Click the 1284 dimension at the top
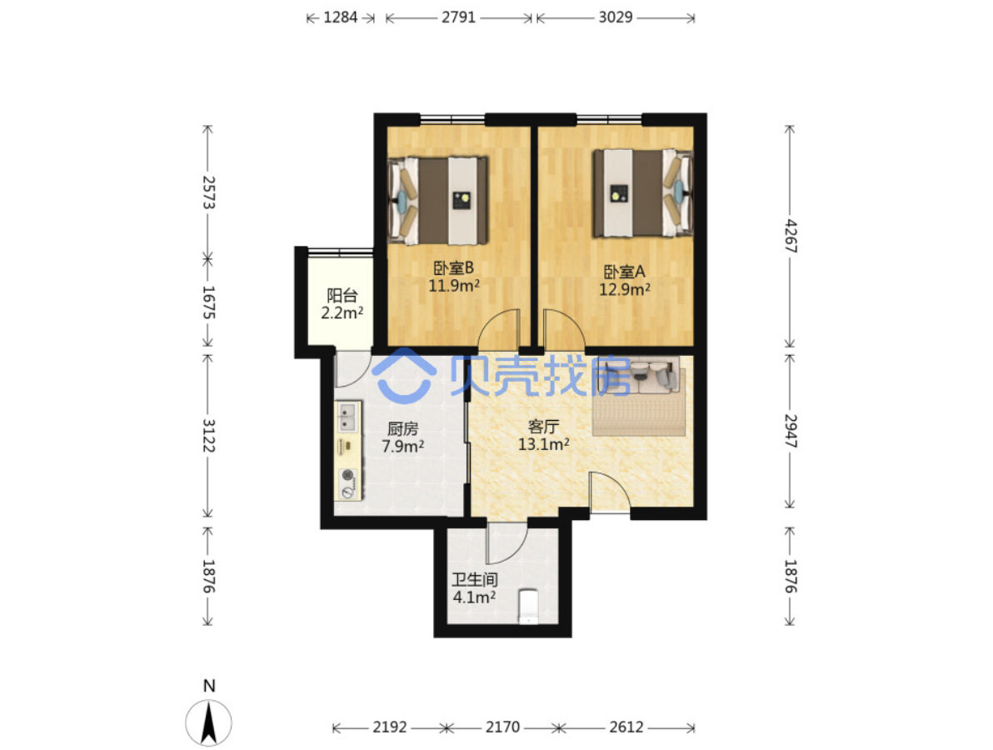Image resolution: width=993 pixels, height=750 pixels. [x=341, y=17]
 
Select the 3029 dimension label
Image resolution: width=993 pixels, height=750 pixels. [x=616, y=17]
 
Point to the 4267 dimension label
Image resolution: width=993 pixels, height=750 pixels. [x=791, y=236]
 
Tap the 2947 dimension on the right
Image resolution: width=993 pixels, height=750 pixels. [x=791, y=431]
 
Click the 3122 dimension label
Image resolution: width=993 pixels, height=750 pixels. [x=208, y=435]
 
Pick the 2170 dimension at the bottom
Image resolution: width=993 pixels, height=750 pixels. [x=503, y=727]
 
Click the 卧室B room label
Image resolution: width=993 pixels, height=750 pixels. [x=453, y=268]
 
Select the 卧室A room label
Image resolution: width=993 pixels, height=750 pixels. [x=625, y=272]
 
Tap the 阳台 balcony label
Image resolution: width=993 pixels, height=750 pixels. [x=342, y=295]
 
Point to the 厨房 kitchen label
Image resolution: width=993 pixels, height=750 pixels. [x=402, y=429]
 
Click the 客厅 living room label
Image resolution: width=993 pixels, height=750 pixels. [x=543, y=427]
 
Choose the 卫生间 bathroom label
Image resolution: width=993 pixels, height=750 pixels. [x=474, y=580]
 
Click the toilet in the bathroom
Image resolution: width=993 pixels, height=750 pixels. [x=528, y=606]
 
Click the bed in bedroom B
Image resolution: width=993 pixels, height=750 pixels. [x=437, y=200]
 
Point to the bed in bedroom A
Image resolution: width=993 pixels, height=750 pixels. [x=643, y=193]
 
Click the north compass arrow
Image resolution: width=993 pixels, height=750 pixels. [x=209, y=722]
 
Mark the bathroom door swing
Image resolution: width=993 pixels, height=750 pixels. [x=506, y=542]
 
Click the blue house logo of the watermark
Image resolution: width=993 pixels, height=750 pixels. [x=404, y=376]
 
